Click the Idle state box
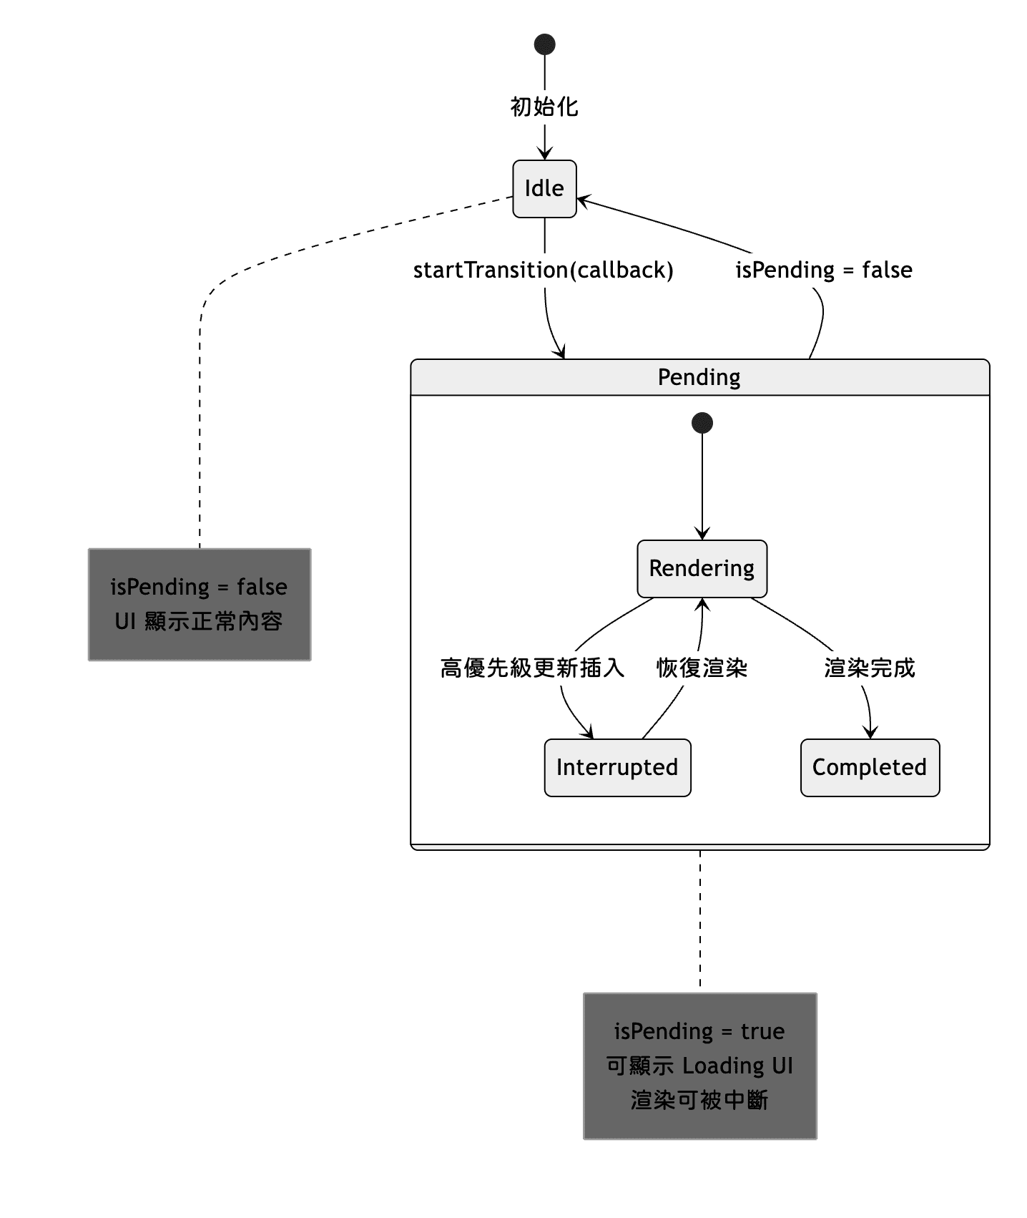tap(544, 189)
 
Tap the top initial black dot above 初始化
tap(544, 44)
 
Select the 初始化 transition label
tap(544, 107)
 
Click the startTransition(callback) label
tap(543, 270)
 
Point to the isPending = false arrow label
tap(823, 270)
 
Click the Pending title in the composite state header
tap(699, 377)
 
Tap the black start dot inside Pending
tap(702, 423)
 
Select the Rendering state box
tap(702, 568)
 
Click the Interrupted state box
tap(617, 767)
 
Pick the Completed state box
tap(869, 767)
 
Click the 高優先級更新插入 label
tap(532, 668)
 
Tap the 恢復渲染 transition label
tap(702, 668)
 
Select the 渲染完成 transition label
tap(869, 668)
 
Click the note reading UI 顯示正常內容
tap(199, 620)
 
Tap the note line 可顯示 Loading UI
tap(699, 1066)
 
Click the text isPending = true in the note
tap(699, 1031)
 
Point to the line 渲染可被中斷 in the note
tap(699, 1100)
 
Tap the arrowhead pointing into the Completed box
tap(870, 733)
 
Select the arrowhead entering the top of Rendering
tap(702, 534)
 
